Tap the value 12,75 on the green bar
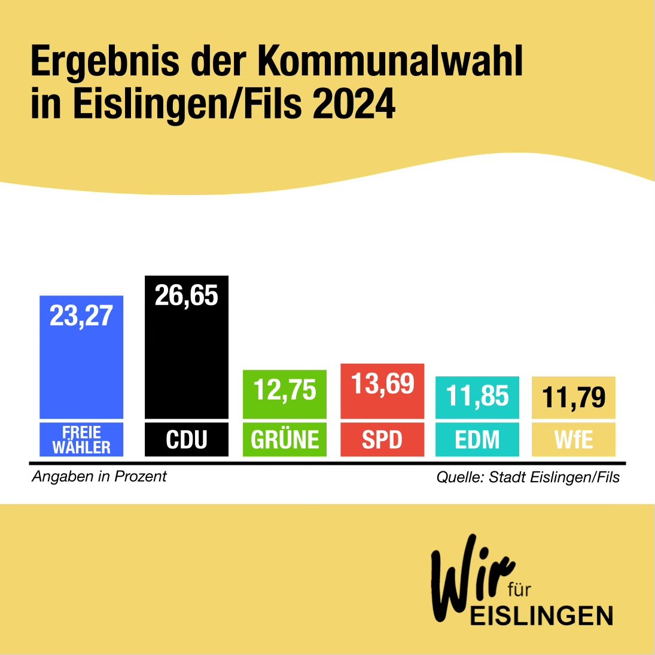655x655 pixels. [285, 390]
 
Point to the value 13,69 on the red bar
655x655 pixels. [382, 383]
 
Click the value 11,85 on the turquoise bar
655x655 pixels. [477, 396]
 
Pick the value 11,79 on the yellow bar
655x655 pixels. [574, 397]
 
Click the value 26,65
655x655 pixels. [187, 295]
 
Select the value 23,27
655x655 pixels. [81, 316]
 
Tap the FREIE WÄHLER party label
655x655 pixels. [81, 440]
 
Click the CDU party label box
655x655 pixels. [187, 440]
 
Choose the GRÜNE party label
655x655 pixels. [285, 440]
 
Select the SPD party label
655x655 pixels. [382, 440]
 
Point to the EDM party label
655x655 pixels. [477, 440]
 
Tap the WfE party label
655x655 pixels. [574, 440]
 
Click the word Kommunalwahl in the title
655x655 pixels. [391, 61]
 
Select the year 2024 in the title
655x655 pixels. [354, 104]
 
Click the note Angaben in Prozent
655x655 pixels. [99, 477]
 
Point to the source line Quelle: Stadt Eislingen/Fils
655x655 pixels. [528, 477]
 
